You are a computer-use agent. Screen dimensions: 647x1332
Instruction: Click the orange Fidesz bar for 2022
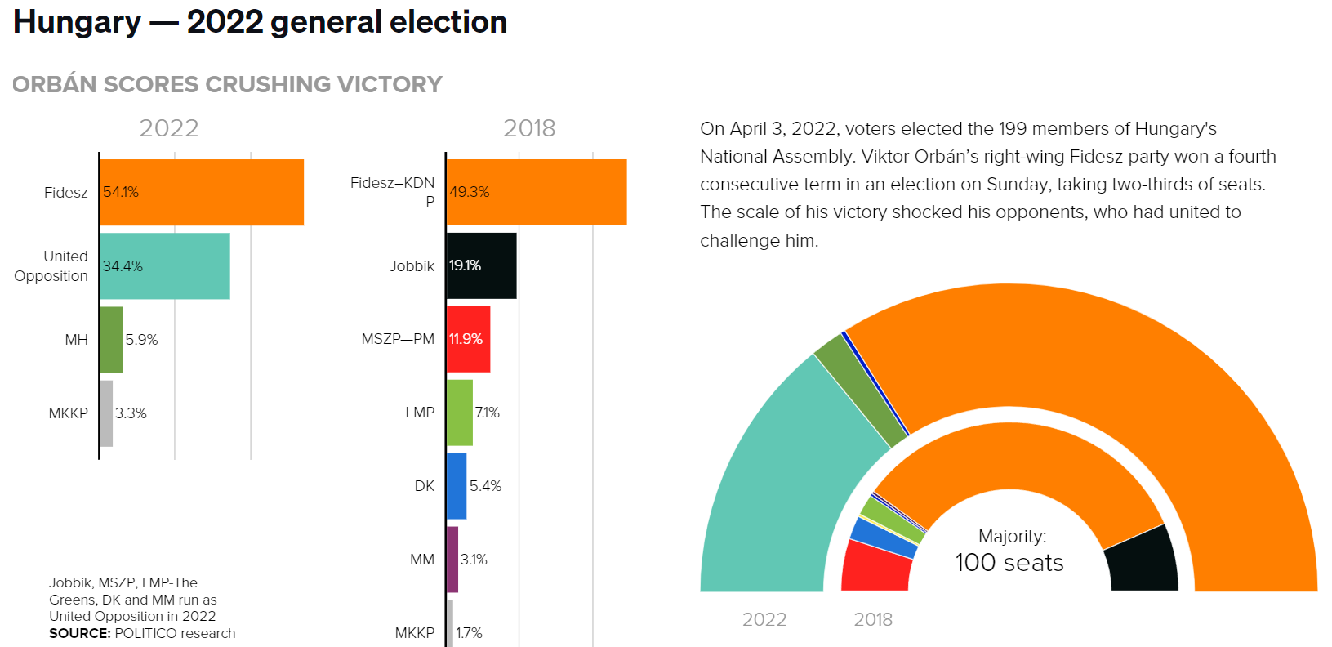pyautogui.click(x=202, y=192)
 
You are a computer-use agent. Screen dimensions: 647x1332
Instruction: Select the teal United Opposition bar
pyautogui.click(x=165, y=266)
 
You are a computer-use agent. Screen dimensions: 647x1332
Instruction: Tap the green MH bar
pyautogui.click(x=111, y=340)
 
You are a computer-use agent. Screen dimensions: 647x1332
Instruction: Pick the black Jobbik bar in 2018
pyautogui.click(x=482, y=265)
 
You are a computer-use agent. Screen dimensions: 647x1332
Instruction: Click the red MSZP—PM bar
pyautogui.click(x=469, y=339)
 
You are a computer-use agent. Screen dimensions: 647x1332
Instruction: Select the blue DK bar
pyautogui.click(x=457, y=486)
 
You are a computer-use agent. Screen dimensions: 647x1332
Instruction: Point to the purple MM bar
pyautogui.click(x=452, y=560)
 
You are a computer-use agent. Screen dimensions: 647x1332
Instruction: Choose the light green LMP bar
pyautogui.click(x=460, y=413)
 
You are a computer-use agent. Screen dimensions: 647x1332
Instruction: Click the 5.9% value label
pyautogui.click(x=141, y=340)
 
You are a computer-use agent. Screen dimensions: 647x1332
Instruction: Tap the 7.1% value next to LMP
pyautogui.click(x=488, y=413)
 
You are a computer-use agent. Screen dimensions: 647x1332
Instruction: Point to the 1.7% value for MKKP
pyautogui.click(x=469, y=633)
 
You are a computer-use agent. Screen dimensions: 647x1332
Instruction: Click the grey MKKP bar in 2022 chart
pyautogui.click(x=106, y=413)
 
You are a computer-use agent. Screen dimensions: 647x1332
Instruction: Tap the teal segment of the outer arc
pyautogui.click(x=784, y=490)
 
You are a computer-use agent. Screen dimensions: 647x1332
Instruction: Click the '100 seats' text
pyautogui.click(x=1009, y=563)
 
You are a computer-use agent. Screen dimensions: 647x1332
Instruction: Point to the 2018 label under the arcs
pyautogui.click(x=873, y=619)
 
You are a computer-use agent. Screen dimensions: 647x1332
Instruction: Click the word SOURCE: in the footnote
pyautogui.click(x=79, y=633)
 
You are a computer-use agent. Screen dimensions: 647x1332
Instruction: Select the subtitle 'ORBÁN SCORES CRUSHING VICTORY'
pyautogui.click(x=227, y=84)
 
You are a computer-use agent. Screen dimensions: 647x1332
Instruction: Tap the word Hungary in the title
pyautogui.click(x=78, y=22)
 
